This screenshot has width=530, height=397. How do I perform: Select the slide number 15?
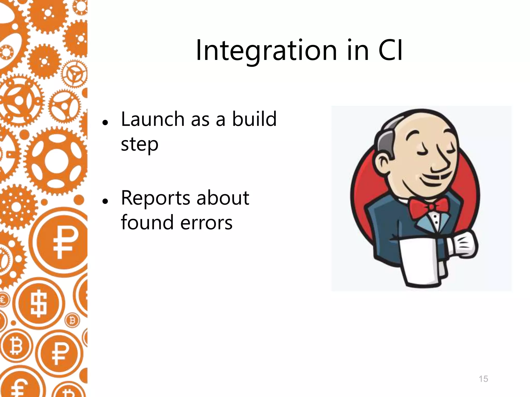[483, 379]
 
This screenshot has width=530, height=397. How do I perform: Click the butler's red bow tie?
[430, 207]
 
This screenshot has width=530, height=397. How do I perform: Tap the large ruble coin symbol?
[62, 240]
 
